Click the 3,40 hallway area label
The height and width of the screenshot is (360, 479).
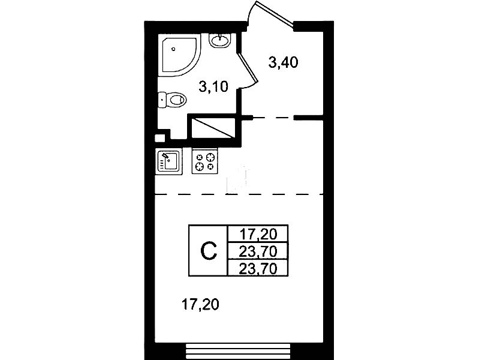click(x=283, y=63)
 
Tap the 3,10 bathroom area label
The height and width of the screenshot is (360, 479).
click(x=213, y=87)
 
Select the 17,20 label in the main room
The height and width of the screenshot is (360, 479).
click(x=200, y=305)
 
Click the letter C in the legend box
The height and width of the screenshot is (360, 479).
click(x=209, y=251)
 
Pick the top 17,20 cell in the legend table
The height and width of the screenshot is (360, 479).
click(x=258, y=234)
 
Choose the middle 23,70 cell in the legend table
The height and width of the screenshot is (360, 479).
click(x=258, y=251)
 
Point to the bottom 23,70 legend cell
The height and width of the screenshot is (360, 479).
click(x=258, y=268)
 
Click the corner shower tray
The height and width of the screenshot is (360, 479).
click(x=180, y=56)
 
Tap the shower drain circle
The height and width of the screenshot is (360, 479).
click(x=173, y=49)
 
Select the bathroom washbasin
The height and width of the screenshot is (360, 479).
click(x=220, y=40)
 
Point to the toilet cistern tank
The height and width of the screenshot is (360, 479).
click(x=162, y=100)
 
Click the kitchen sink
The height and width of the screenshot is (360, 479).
click(x=168, y=161)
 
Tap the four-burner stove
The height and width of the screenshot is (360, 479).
click(x=204, y=162)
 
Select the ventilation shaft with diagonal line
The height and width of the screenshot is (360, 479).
click(x=213, y=127)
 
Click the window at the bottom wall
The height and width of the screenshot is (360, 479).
click(x=238, y=351)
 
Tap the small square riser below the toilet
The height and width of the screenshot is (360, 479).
click(x=159, y=138)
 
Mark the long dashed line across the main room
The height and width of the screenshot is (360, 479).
click(x=239, y=194)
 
